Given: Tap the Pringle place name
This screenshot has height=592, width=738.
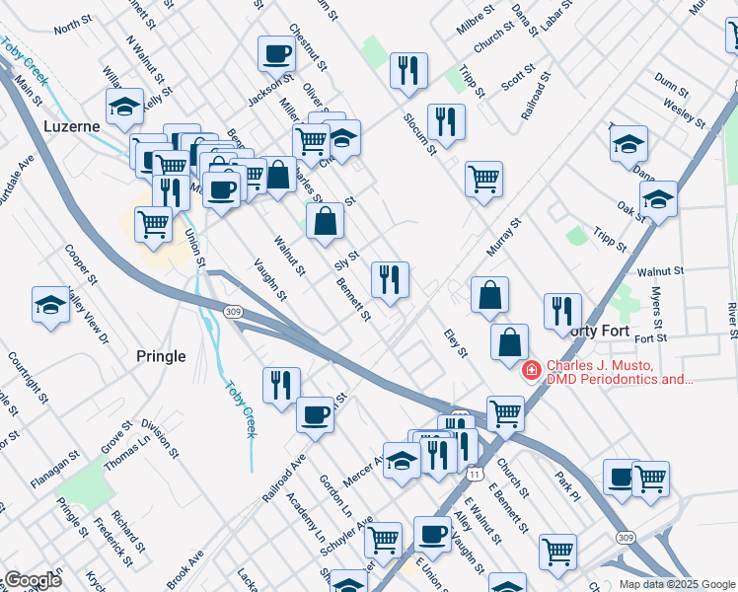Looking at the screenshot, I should pos(159,356).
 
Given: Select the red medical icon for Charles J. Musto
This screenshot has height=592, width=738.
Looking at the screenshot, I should pos(531,370).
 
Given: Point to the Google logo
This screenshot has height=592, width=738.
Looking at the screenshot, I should pos(33,580).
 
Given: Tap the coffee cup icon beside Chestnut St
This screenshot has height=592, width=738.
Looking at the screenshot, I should pos(277,53).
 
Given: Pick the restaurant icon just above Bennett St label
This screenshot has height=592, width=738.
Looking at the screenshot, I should pos(390,280).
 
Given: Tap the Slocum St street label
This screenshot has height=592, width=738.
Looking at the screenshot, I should pos(419,133).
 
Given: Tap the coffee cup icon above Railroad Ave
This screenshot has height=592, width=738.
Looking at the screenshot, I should pos(315,413).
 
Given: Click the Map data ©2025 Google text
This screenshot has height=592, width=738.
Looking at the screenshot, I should pos(676,584).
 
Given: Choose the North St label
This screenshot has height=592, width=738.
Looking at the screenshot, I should pos(72,30).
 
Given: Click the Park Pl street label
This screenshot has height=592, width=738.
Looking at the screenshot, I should pos(564,485).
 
